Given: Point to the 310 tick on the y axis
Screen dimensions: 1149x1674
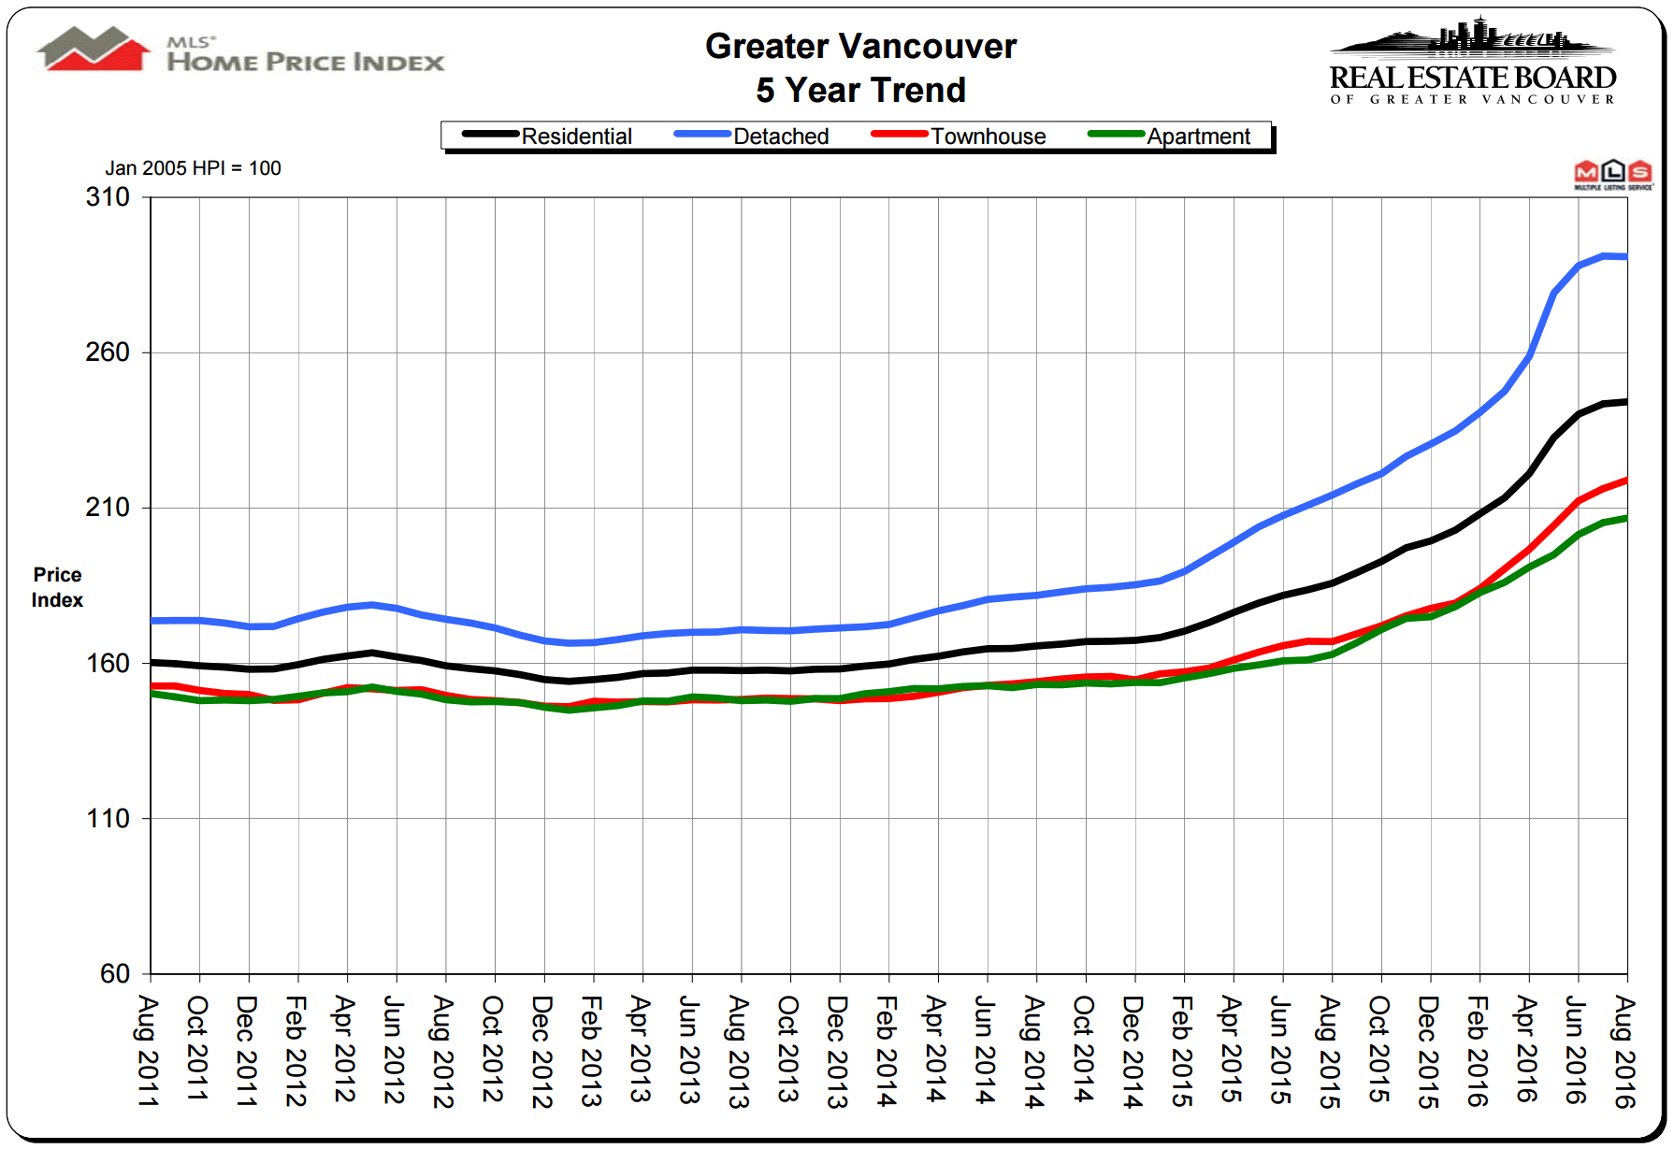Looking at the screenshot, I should click(x=108, y=197).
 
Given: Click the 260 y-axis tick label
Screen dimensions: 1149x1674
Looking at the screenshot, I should click(x=108, y=352).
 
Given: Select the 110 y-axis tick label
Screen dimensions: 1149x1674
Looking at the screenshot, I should click(x=108, y=819).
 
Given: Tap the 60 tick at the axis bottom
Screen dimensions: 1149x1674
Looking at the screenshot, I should click(x=115, y=974).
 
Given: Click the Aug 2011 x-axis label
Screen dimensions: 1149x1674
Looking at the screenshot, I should click(x=149, y=1051).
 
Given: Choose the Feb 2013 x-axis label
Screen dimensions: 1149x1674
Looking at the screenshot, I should click(x=592, y=1051).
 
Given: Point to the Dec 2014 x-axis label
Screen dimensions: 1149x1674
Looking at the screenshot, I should click(x=1133, y=1051).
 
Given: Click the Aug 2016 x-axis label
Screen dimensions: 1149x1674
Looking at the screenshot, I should click(x=1625, y=1051).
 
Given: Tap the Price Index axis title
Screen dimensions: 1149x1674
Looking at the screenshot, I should click(x=57, y=587).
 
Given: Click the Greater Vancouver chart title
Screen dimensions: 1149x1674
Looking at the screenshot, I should click(x=860, y=46).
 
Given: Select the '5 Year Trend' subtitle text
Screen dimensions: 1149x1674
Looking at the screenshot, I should click(x=860, y=91).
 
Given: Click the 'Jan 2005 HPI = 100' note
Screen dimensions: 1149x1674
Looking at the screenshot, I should click(x=193, y=168).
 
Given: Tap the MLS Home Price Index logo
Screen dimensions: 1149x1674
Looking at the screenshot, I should click(x=241, y=51).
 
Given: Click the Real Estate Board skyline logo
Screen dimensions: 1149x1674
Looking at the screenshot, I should click(x=1473, y=62).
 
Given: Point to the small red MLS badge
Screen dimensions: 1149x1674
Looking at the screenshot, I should click(x=1613, y=175).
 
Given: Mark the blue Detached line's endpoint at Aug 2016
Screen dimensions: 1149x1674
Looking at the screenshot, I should click(x=1625, y=257).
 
